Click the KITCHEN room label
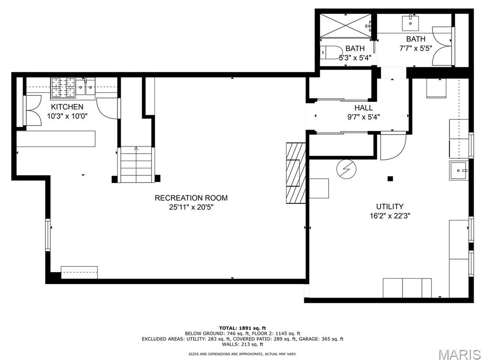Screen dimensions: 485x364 pyautogui.click(x=67, y=107)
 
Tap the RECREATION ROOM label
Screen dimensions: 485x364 pyautogui.click(x=191, y=198)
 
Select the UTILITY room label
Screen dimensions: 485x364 pyautogui.click(x=390, y=207)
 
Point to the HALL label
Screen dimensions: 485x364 pyautogui.click(x=363, y=108)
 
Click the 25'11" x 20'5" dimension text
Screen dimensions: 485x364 pyautogui.click(x=191, y=207)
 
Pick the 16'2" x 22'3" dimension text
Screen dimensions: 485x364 pyautogui.click(x=390, y=216)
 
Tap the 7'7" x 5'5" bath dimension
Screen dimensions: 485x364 pyautogui.click(x=415, y=48)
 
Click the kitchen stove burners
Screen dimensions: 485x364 pyautogui.click(x=63, y=88)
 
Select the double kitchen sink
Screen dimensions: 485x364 pyautogui.click(x=86, y=86)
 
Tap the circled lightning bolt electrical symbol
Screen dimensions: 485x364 pyautogui.click(x=346, y=169)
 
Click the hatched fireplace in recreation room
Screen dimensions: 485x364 pyautogui.click(x=296, y=173)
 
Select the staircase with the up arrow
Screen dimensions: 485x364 pyautogui.click(x=136, y=164)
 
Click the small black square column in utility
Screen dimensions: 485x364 pyautogui.click(x=390, y=179)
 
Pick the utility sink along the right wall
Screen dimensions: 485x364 pyautogui.click(x=458, y=170)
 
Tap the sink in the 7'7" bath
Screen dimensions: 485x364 pyautogui.click(x=411, y=23)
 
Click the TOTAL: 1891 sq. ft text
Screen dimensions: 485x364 pyautogui.click(x=242, y=328)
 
